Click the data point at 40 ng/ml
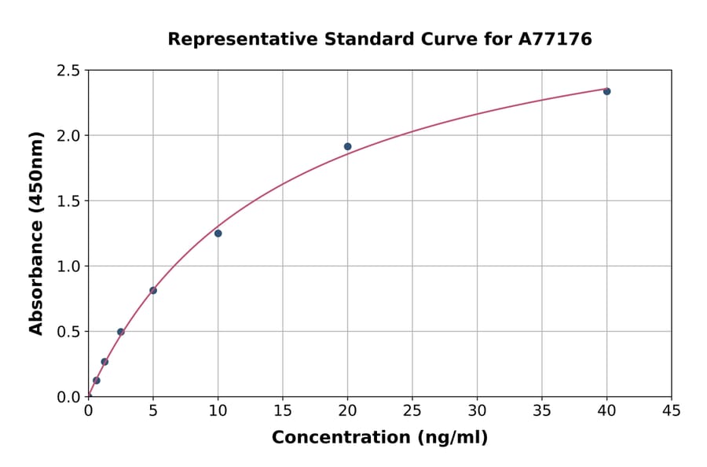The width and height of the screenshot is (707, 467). pyautogui.click(x=606, y=91)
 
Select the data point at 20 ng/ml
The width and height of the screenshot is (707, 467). pyautogui.click(x=347, y=146)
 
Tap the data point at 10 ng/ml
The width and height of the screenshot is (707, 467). pyautogui.click(x=218, y=233)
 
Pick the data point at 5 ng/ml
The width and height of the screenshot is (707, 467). pyautogui.click(x=153, y=291)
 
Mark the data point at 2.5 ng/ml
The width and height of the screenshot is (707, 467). pyautogui.click(x=121, y=332)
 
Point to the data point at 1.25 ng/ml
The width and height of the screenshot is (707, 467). pyautogui.click(x=104, y=362)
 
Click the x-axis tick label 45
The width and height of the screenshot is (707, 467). pyautogui.click(x=672, y=411)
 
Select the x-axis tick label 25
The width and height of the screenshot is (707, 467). pyautogui.click(x=412, y=411)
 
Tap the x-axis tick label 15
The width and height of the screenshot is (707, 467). pyautogui.click(x=283, y=411)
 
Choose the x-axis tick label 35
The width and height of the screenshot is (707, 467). pyautogui.click(x=542, y=411)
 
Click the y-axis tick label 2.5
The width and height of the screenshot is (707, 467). pyautogui.click(x=68, y=71)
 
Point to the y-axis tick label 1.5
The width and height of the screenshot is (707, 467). pyautogui.click(x=68, y=201)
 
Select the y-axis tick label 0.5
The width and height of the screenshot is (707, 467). pyautogui.click(x=68, y=332)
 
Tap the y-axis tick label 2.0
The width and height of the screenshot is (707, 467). pyautogui.click(x=68, y=136)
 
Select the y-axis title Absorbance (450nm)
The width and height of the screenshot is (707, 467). pyautogui.click(x=36, y=233)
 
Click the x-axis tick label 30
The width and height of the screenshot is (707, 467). pyautogui.click(x=477, y=411)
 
